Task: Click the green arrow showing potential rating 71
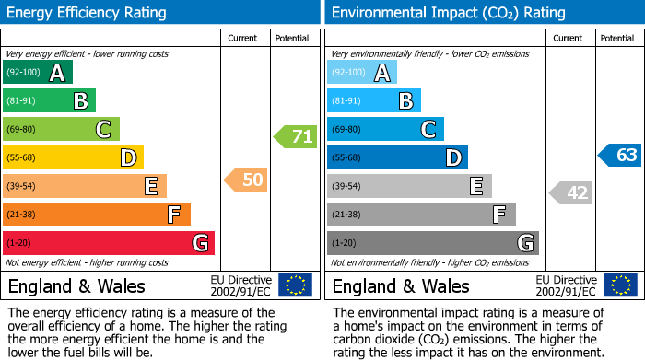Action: click(x=296, y=137)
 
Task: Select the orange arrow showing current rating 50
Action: click(x=247, y=180)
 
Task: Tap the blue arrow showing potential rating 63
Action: click(x=620, y=155)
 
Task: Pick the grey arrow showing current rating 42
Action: click(x=571, y=192)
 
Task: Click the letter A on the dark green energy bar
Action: click(x=57, y=73)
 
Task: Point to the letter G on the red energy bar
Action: click(x=199, y=243)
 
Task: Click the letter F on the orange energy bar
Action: click(x=174, y=215)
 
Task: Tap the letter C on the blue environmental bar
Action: click(x=428, y=130)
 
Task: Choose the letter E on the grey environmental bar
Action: click(x=476, y=187)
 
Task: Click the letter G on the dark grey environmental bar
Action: click(x=524, y=243)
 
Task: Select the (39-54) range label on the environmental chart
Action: click(x=348, y=187)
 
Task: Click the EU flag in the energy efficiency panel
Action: click(x=295, y=285)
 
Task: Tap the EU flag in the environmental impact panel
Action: click(x=620, y=285)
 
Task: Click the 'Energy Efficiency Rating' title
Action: click(x=87, y=13)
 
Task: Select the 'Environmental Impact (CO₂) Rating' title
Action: click(x=448, y=13)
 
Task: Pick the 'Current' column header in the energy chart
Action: click(x=242, y=38)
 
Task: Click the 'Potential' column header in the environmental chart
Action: click(x=616, y=38)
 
